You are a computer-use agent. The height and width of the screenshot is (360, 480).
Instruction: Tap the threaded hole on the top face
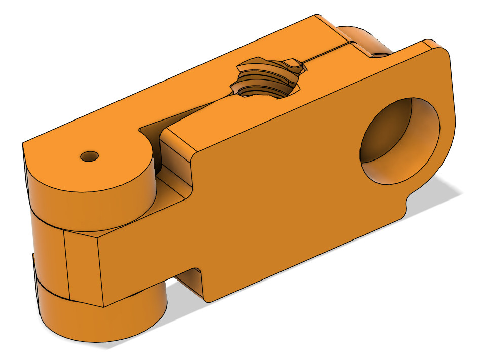(266, 78)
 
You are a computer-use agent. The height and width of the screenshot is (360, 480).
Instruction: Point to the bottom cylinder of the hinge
(101, 319)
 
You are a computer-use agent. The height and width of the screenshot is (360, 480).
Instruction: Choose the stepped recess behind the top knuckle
(175, 177)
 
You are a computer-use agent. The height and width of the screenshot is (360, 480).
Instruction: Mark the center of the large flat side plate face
(284, 187)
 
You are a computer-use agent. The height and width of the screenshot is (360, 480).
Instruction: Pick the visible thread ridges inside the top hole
(258, 76)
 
